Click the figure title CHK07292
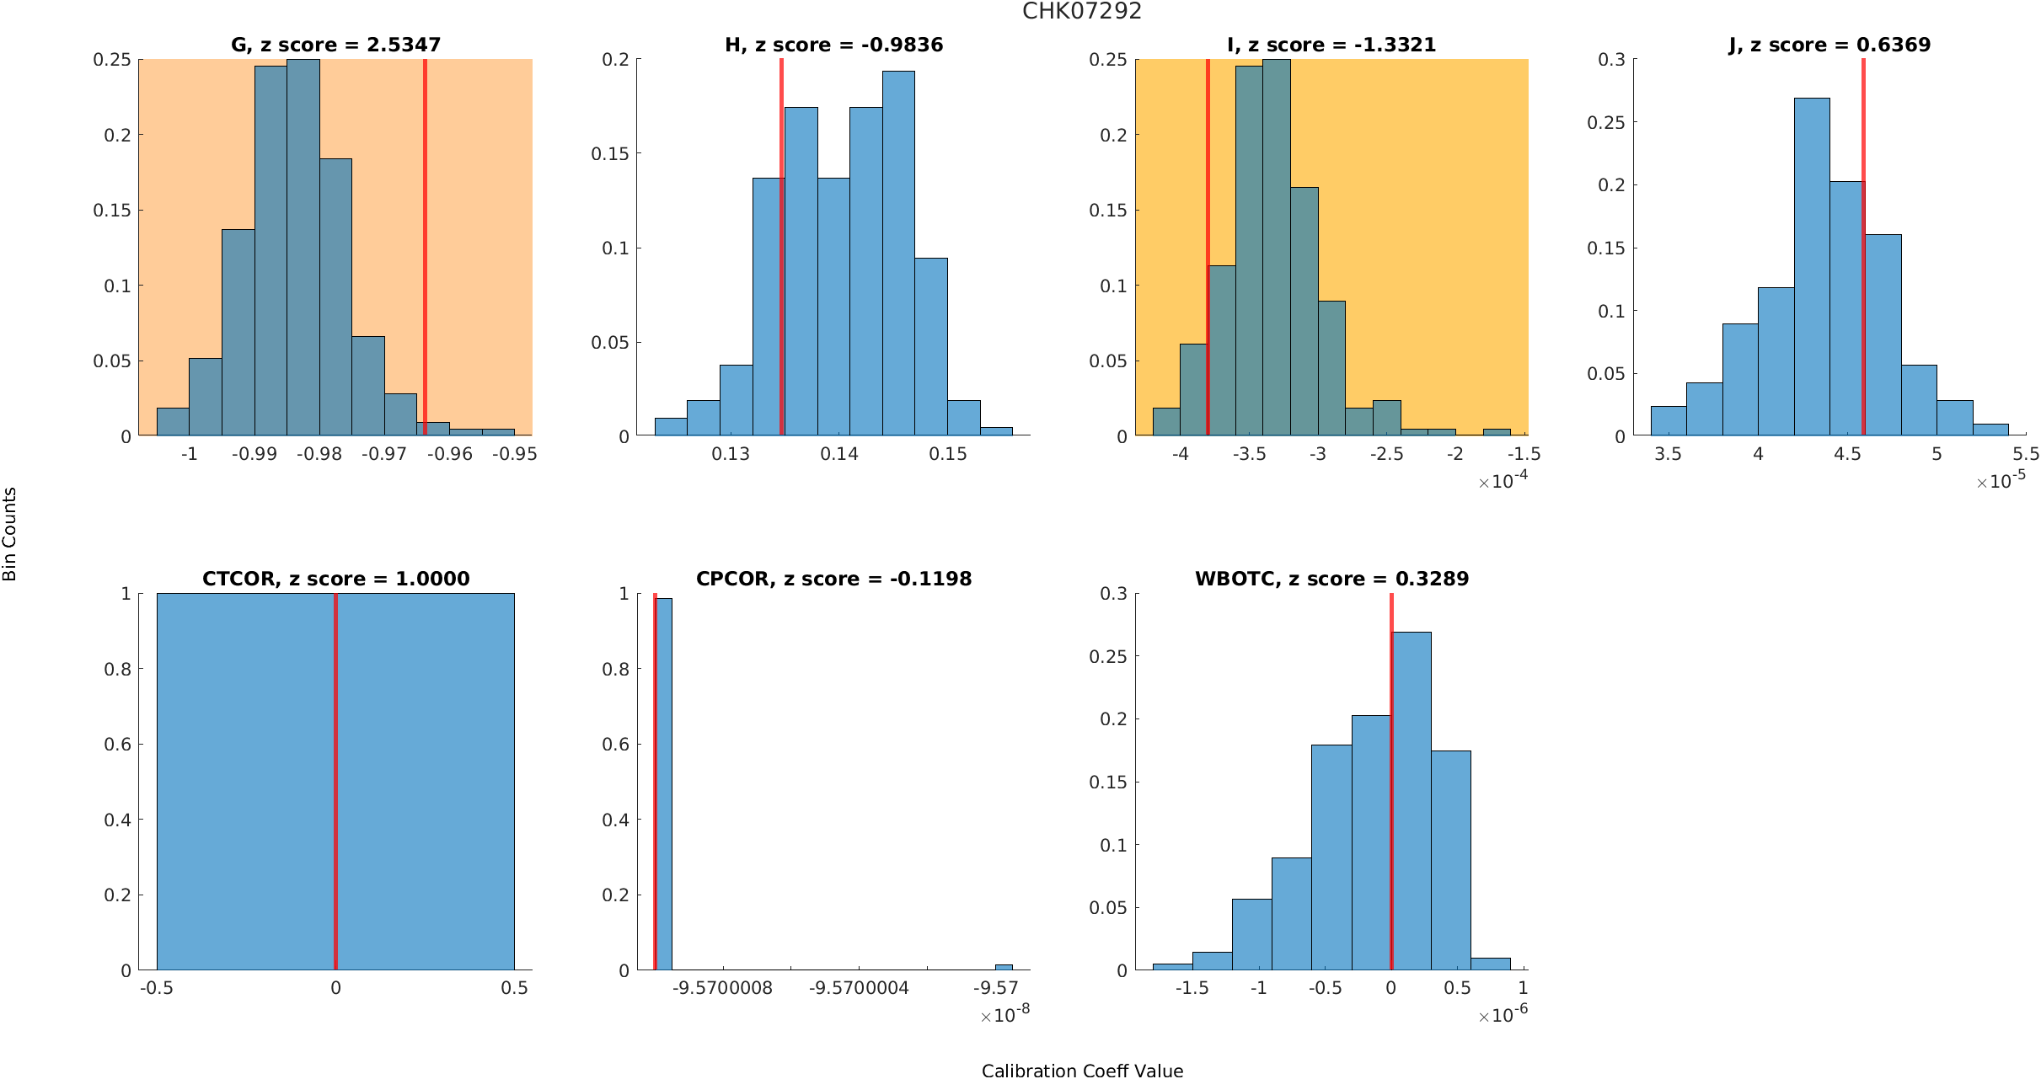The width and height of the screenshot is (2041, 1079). pyautogui.click(x=1081, y=11)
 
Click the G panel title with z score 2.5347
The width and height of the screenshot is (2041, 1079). pyautogui.click(x=335, y=45)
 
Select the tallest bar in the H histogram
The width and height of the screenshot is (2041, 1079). pyautogui.click(x=898, y=253)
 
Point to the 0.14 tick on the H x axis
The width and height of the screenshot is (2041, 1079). pyautogui.click(x=839, y=454)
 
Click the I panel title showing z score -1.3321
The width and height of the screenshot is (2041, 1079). pyautogui.click(x=1331, y=45)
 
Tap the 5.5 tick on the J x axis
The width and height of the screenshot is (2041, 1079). pyautogui.click(x=2026, y=454)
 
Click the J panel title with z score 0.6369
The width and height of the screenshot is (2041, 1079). pyautogui.click(x=1829, y=45)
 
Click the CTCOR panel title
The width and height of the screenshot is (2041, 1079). pyautogui.click(x=335, y=579)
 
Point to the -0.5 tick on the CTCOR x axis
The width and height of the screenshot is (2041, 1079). pyautogui.click(x=157, y=987)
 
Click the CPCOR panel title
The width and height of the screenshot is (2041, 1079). pyautogui.click(x=833, y=579)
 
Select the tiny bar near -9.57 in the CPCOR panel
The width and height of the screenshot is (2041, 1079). pyautogui.click(x=1004, y=967)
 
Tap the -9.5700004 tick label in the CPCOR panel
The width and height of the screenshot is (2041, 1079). pyautogui.click(x=859, y=987)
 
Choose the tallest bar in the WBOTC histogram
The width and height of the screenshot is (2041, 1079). pyautogui.click(x=1412, y=800)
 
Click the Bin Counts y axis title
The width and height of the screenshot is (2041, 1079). pyautogui.click(x=10, y=534)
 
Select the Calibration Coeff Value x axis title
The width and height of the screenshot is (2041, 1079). pyautogui.click(x=1082, y=1070)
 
